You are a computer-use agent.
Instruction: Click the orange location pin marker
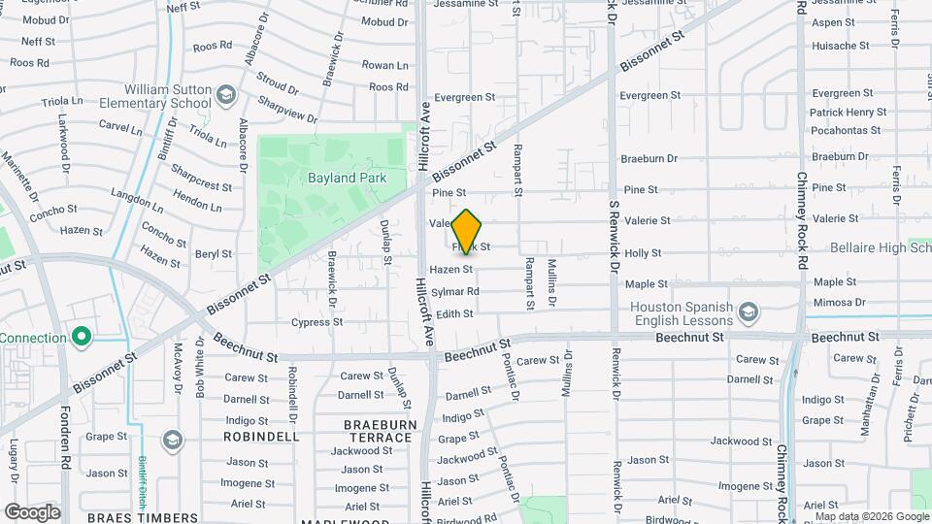click(467, 232)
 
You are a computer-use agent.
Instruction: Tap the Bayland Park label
click(347, 178)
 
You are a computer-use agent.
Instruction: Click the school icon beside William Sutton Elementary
click(226, 95)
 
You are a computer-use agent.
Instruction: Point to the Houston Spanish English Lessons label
click(681, 312)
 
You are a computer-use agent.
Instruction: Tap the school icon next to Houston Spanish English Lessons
click(749, 312)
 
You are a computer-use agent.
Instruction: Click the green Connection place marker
click(82, 338)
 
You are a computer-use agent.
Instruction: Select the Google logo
click(32, 511)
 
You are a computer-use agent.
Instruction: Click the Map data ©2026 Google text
click(871, 516)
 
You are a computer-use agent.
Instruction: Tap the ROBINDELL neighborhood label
click(261, 437)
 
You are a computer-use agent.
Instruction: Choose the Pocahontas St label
click(847, 130)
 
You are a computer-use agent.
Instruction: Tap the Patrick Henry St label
click(848, 113)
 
